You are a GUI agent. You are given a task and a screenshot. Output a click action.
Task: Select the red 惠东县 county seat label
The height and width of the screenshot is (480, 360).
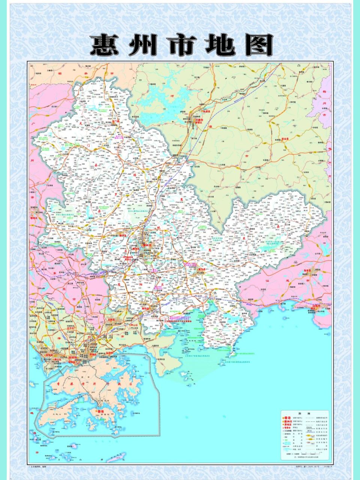click(202, 269)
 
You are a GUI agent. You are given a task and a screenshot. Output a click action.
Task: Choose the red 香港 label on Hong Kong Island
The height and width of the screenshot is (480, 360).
click(100, 411)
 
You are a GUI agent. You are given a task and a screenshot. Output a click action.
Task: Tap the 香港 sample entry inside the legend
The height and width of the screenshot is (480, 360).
click(287, 417)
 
